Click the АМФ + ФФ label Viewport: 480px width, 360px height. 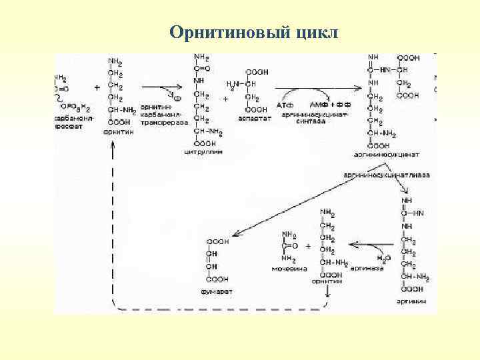coord(327,106)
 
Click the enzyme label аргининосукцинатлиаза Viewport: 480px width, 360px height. coord(387,175)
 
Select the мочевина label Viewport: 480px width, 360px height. coord(287,269)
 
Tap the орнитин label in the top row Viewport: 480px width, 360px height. coord(118,131)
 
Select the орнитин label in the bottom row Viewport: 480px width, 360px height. coord(327,282)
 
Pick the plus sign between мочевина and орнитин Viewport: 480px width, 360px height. coord(308,246)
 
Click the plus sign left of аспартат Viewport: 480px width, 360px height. coord(225,98)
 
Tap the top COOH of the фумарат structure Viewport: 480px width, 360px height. coord(217,241)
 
